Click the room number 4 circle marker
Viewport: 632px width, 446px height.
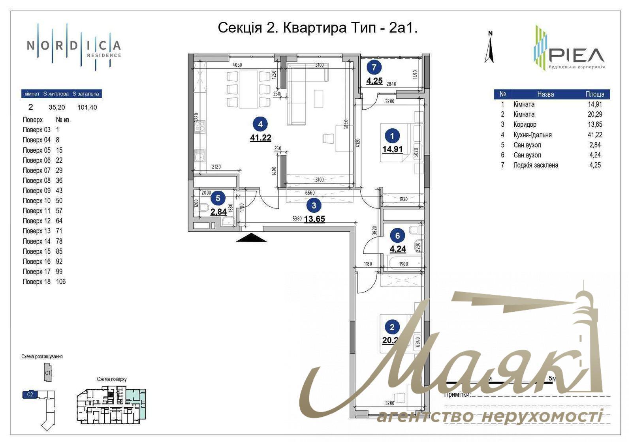260,124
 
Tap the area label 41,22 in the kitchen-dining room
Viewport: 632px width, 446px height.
260,138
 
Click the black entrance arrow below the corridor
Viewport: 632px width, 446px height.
251,237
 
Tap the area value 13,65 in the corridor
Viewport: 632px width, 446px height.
314,219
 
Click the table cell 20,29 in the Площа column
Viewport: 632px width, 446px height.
594,114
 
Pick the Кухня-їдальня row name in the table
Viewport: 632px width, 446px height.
532,135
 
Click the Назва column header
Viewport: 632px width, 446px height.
545,94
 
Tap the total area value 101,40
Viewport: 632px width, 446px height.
87,107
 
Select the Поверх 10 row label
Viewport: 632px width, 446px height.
37,201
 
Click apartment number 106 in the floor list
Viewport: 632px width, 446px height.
61,282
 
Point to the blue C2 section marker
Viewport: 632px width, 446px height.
30,394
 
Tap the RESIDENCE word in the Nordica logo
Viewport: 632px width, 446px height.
104,55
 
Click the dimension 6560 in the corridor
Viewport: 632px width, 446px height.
310,193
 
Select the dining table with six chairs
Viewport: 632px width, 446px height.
248,89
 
